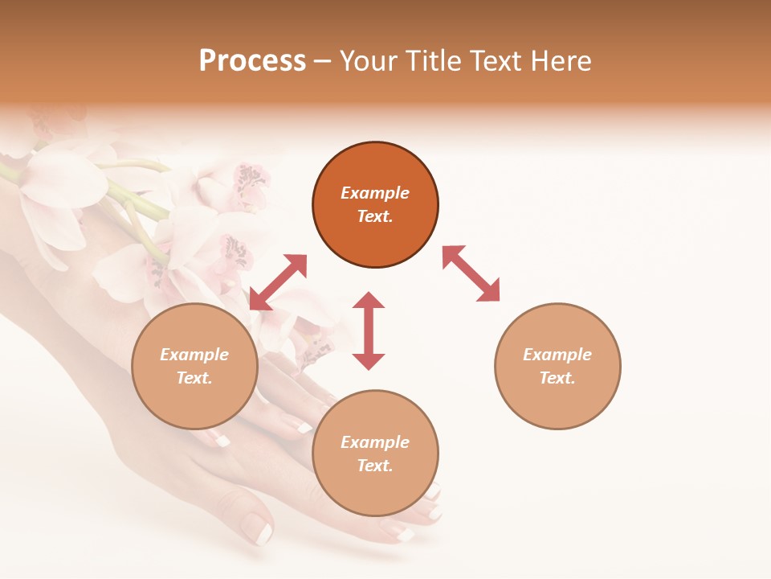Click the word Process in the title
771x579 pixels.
252,61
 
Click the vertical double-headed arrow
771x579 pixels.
369,331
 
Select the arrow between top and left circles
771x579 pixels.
278,282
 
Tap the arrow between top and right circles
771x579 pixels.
471,273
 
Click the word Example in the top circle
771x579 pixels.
375,193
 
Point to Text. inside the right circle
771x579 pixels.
557,378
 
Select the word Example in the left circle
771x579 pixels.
194,355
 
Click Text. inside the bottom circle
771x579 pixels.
375,466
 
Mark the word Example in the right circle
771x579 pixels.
557,355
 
